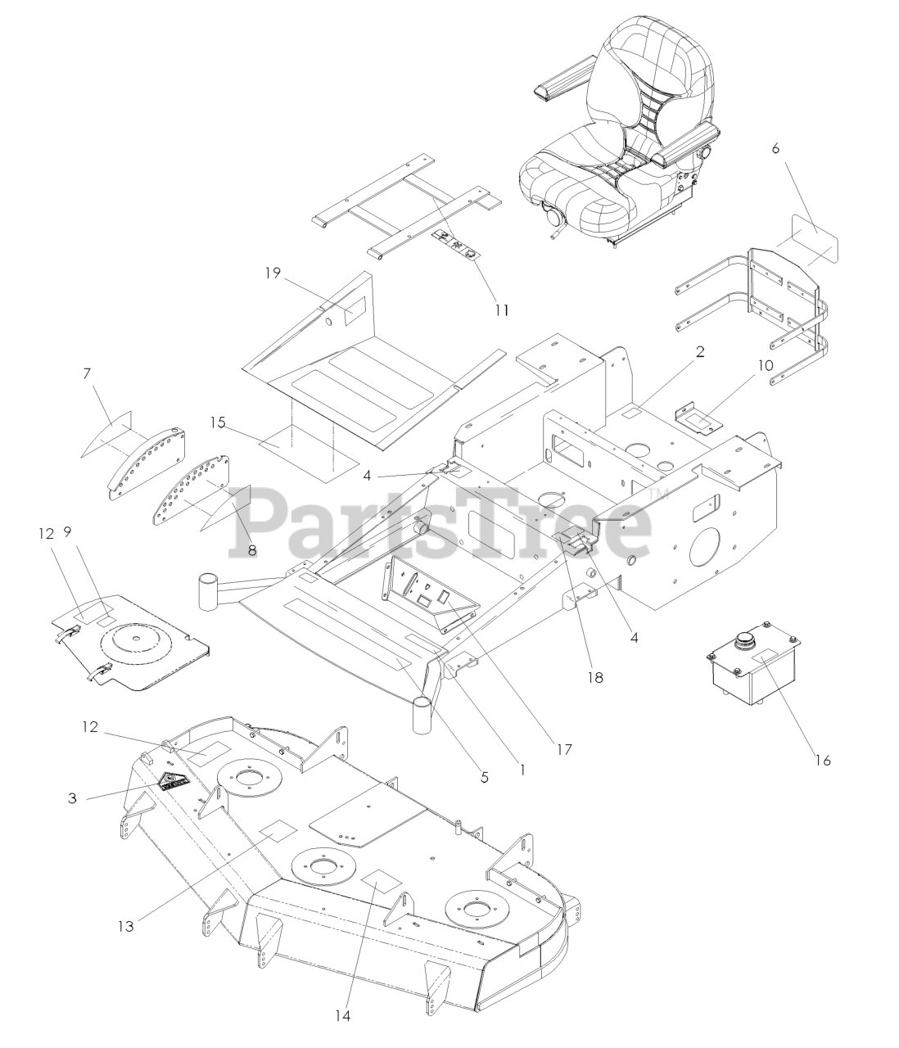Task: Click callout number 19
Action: tap(273, 273)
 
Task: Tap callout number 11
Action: tap(501, 309)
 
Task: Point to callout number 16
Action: tap(823, 760)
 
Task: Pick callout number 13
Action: tap(125, 926)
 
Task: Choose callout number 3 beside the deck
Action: tap(73, 797)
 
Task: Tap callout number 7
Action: tap(87, 373)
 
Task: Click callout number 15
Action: tap(218, 422)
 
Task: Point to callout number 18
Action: tap(595, 677)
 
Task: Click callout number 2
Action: tap(700, 351)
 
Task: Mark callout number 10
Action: tap(766, 365)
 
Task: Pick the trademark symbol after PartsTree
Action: tap(658, 494)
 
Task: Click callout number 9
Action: tap(67, 532)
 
